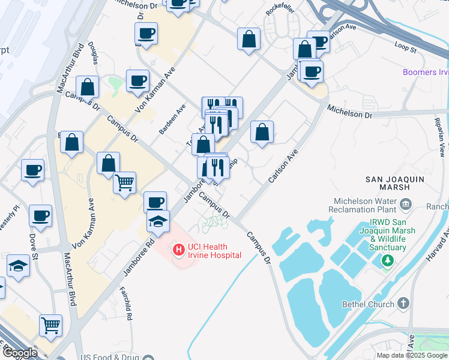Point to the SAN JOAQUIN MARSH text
pyautogui.click(x=396, y=184)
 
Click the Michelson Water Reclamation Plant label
pyautogui.click(x=362, y=205)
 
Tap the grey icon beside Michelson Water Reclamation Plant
pyautogui.click(x=406, y=205)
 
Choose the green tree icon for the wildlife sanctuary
pyautogui.click(x=388, y=260)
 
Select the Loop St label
pyautogui.click(x=406, y=44)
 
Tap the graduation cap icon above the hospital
pyautogui.click(x=158, y=221)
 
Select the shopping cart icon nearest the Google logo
pyautogui.click(x=51, y=325)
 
